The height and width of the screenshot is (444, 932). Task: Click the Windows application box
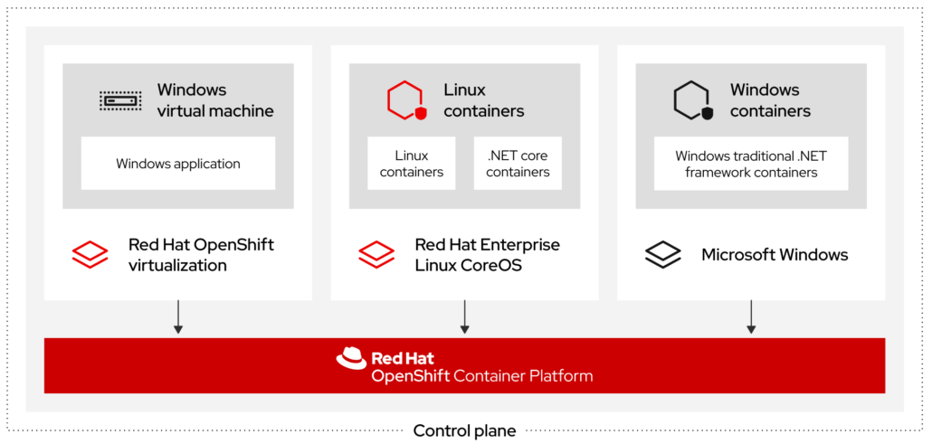[178, 164]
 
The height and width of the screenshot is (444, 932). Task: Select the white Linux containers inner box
[412, 164]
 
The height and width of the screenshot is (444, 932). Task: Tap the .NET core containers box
[518, 164]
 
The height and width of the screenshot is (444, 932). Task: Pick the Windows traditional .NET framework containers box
[750, 164]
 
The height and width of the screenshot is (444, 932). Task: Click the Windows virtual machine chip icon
[119, 100]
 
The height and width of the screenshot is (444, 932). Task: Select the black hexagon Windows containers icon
[693, 100]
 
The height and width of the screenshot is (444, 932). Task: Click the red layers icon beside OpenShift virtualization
[90, 254]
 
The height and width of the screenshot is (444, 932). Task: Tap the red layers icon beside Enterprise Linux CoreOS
[376, 254]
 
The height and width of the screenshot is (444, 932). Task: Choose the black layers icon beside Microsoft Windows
[663, 254]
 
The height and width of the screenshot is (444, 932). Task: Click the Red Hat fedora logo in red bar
[351, 358]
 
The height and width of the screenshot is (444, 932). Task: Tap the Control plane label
[464, 430]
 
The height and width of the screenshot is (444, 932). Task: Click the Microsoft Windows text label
[775, 255]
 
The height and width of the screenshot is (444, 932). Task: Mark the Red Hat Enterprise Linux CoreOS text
[487, 255]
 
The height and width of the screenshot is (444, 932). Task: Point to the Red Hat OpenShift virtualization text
[201, 255]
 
